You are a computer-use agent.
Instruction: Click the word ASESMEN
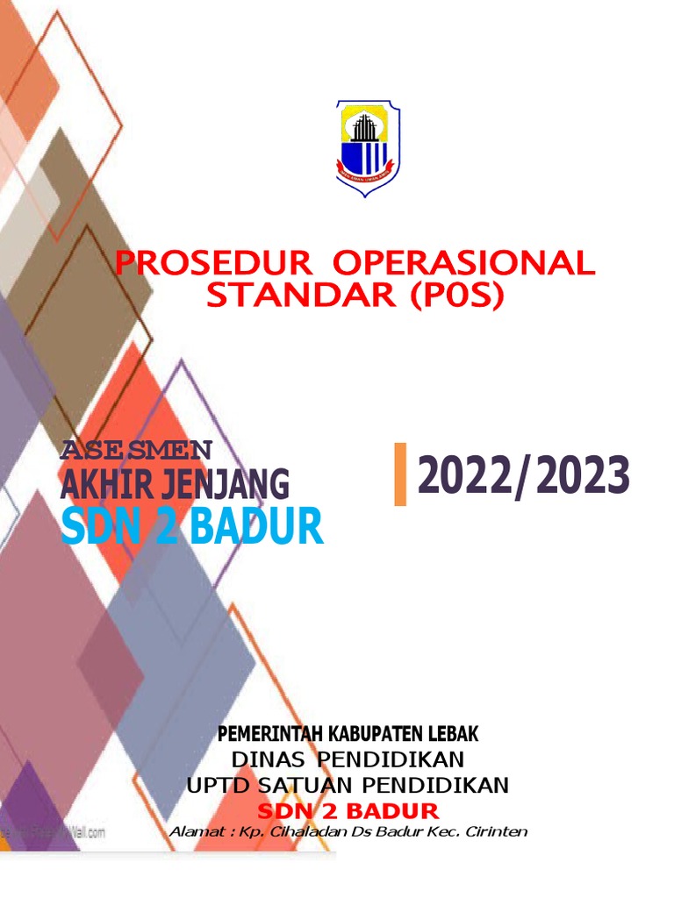coord(136,451)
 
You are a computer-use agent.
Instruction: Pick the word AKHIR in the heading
coord(107,483)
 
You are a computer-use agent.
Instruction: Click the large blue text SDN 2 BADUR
coord(191,527)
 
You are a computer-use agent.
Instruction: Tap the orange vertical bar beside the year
coord(400,474)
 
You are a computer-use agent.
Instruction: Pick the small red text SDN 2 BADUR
coord(348,809)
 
